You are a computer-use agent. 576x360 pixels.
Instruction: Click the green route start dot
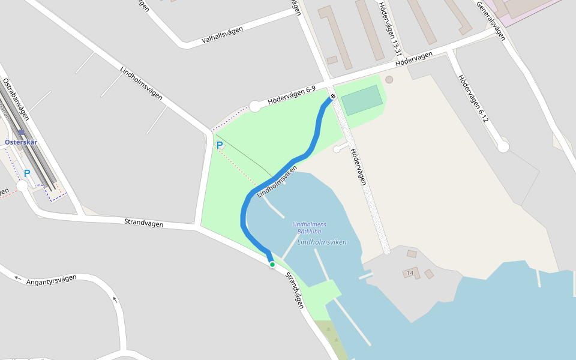pyautogui.click(x=272, y=264)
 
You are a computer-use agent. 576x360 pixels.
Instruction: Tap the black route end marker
pyautogui.click(x=332, y=97)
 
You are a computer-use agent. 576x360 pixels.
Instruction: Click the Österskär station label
pyautogui.click(x=21, y=142)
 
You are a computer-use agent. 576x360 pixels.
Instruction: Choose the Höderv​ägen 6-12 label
pyautogui.click(x=473, y=98)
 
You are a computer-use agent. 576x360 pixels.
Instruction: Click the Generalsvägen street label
pyautogui.click(x=491, y=20)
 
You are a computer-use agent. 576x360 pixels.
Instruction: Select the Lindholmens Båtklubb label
pyautogui.click(x=310, y=228)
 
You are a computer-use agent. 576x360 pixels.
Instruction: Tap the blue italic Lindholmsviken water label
pyautogui.click(x=322, y=242)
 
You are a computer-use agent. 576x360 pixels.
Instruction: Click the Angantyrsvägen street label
pyautogui.click(x=52, y=279)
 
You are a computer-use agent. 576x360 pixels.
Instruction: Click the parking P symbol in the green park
pyautogui.click(x=220, y=145)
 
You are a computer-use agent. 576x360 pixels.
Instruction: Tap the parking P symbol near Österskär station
pyautogui.click(x=27, y=173)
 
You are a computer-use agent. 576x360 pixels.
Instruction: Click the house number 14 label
pyautogui.click(x=410, y=273)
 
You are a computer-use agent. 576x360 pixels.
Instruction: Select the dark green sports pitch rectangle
pyautogui.click(x=362, y=100)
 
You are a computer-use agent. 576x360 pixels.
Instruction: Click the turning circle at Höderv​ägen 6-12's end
pyautogui.click(x=503, y=146)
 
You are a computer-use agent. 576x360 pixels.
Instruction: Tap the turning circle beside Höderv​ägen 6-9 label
pyautogui.click(x=255, y=106)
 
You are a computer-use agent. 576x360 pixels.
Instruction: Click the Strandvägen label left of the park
pyautogui.click(x=144, y=223)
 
